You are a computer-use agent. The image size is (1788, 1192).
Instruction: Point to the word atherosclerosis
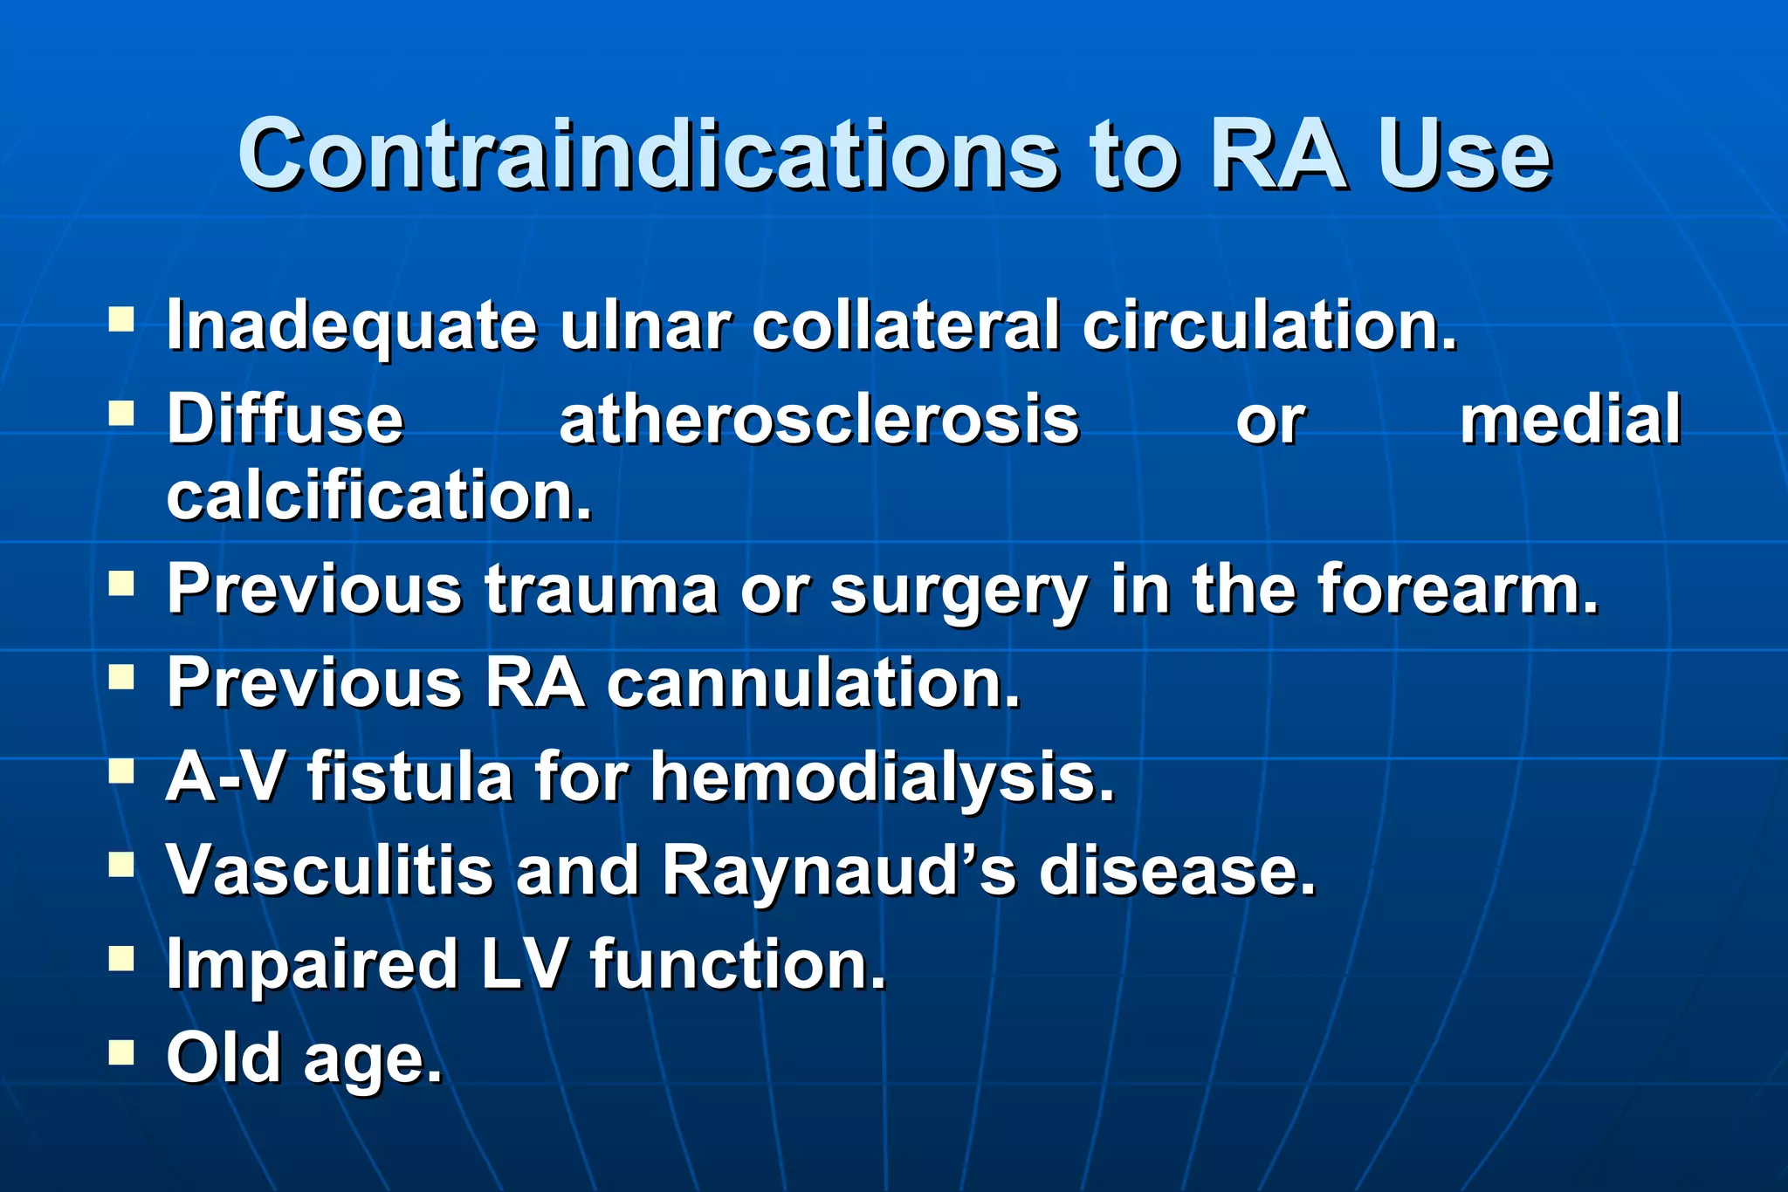pos(819,420)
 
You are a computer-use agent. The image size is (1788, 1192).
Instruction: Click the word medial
pos(1570,420)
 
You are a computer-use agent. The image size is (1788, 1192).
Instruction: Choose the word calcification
pos(379,496)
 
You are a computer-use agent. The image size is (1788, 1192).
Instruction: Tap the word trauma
pos(602,589)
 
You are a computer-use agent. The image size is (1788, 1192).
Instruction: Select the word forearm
pos(1457,589)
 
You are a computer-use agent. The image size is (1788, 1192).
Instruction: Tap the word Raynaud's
pos(839,871)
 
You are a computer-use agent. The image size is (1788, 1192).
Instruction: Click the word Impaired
pos(313,965)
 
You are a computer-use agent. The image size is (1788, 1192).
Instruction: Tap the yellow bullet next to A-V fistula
pos(121,771)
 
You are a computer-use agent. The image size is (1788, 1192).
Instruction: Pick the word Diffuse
pos(285,420)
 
